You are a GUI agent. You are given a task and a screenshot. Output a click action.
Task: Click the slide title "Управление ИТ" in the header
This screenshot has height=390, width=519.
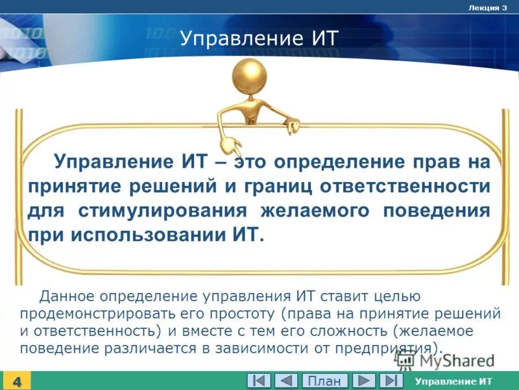[259, 38]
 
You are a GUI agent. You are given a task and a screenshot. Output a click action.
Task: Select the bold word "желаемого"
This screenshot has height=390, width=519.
[315, 211]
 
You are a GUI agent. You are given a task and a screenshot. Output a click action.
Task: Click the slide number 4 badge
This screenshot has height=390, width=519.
[16, 382]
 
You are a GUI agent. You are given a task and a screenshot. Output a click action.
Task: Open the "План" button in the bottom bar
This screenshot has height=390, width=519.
[324, 381]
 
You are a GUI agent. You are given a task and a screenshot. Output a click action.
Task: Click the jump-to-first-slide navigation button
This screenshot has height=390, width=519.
[258, 381]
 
